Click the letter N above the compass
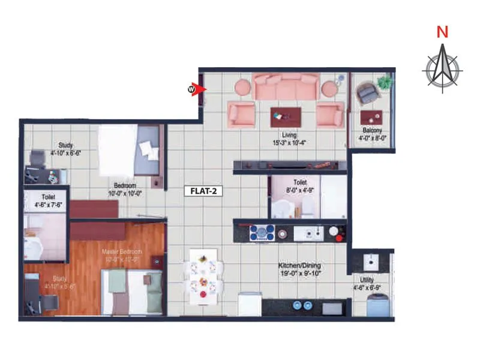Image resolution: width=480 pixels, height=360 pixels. point(442,33)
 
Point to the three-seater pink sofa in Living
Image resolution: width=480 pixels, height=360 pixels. point(286,87)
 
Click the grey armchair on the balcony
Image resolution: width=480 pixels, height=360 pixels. point(367,94)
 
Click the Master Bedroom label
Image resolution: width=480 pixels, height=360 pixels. point(122,251)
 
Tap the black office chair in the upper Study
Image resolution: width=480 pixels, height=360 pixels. point(37,160)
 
